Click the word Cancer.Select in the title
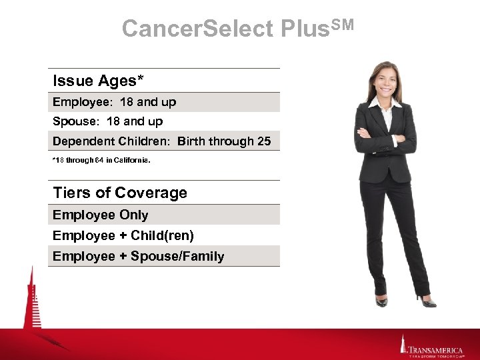pyautogui.click(x=198, y=29)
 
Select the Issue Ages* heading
pyautogui.click(x=98, y=81)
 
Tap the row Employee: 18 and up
pyautogui.click(x=114, y=102)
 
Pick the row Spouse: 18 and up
pyautogui.click(x=107, y=121)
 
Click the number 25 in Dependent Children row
pyautogui.click(x=263, y=141)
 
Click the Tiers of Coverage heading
pyautogui.click(x=120, y=193)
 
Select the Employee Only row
pyautogui.click(x=100, y=215)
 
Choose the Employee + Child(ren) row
pyautogui.click(x=123, y=235)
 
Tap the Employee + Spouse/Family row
pyautogui.click(x=138, y=256)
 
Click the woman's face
pyautogui.click(x=385, y=81)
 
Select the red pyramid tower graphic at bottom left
pyautogui.click(x=30, y=307)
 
